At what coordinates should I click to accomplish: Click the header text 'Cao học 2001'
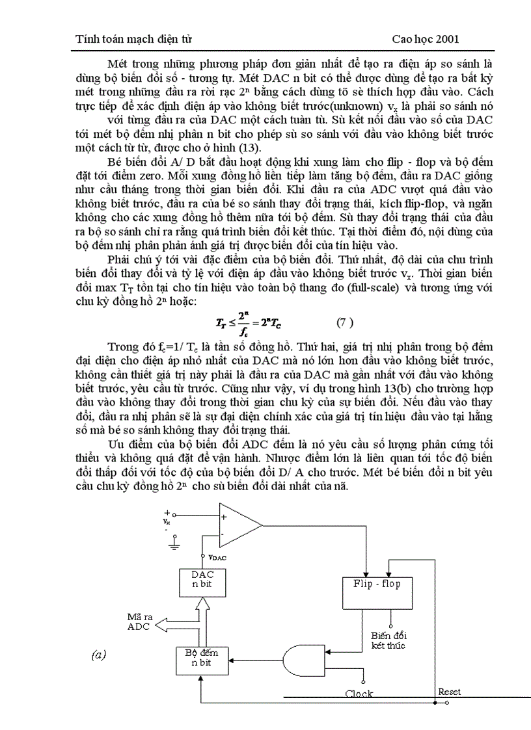[x=426, y=39]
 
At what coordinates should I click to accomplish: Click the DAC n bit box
[x=203, y=580]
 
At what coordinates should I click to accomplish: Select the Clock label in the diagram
[x=359, y=694]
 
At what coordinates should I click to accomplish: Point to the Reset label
[x=449, y=692]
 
